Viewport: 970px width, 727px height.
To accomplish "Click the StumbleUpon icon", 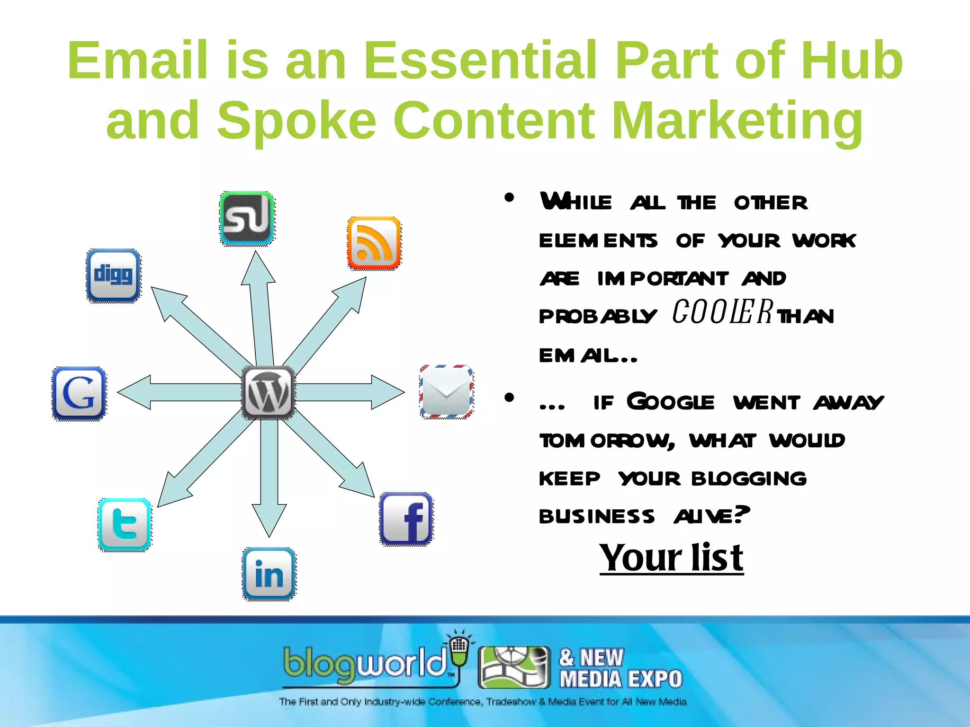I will click(x=247, y=218).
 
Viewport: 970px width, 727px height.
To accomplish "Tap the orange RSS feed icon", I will click(x=374, y=243).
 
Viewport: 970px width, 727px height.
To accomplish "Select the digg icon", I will click(x=113, y=275).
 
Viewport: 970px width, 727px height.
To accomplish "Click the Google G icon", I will click(x=79, y=393).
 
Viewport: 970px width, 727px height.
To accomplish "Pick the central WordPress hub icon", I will click(x=268, y=392).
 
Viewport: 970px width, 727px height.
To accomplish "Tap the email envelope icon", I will click(x=446, y=392).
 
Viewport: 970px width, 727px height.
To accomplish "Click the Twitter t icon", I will click(x=125, y=524).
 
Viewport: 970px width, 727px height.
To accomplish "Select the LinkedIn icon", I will click(x=269, y=574).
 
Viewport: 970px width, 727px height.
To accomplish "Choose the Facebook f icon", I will click(x=406, y=519).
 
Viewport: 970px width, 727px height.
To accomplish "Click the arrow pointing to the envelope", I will click(x=350, y=392).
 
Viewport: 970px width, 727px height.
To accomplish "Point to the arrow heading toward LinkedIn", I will click(x=269, y=473).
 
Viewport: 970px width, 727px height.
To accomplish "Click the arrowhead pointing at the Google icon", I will click(x=135, y=392).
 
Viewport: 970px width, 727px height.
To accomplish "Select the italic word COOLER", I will click(x=723, y=312).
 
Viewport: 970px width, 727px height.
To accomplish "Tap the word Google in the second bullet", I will click(x=670, y=402).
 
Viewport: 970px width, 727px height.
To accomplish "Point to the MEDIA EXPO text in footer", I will click(x=620, y=679).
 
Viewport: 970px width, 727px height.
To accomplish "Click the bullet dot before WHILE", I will click(x=509, y=197).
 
